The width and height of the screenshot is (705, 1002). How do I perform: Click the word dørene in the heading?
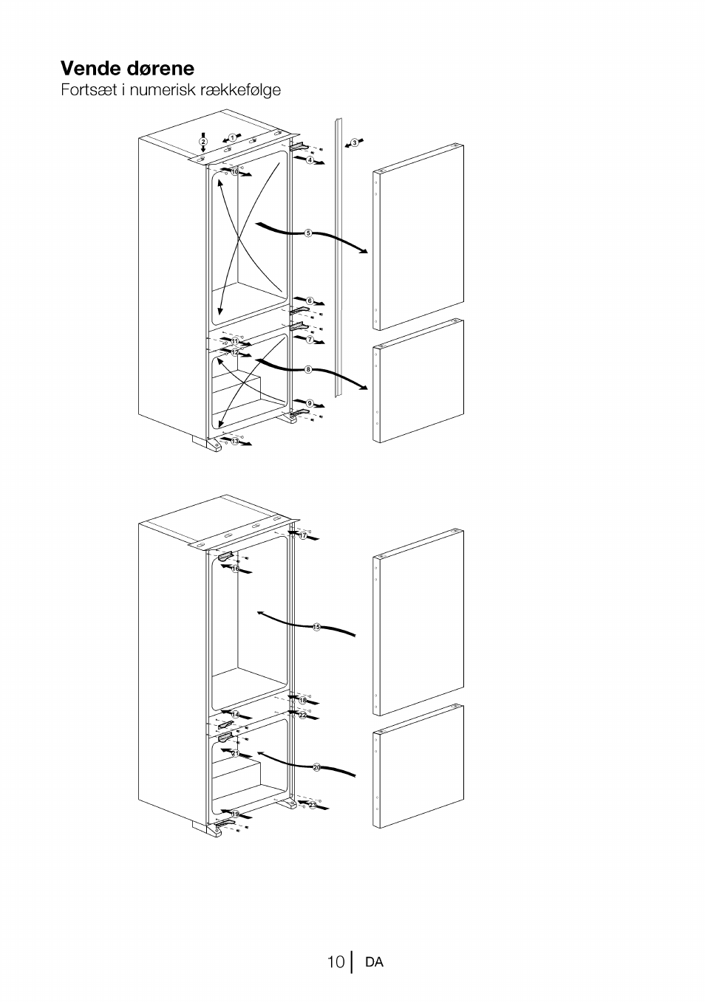tap(160, 69)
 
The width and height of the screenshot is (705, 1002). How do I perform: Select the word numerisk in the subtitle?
tap(156, 89)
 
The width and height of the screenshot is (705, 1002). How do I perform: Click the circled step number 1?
tap(232, 137)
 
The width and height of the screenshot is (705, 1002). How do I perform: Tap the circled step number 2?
tap(203, 142)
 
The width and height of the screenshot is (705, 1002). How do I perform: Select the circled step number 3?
tap(355, 143)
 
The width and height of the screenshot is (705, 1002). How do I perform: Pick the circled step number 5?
tap(308, 233)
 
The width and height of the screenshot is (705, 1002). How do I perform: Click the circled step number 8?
tap(308, 369)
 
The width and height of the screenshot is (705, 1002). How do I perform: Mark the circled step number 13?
tap(235, 442)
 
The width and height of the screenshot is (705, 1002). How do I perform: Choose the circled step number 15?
tap(316, 627)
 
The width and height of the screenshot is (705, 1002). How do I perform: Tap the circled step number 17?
tap(303, 535)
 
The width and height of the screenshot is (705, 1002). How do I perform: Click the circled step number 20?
tap(316, 768)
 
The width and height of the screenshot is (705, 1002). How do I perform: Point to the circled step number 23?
tap(313, 805)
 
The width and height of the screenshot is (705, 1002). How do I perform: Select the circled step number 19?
tap(235, 814)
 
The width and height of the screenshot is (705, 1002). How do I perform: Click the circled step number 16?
tap(236, 569)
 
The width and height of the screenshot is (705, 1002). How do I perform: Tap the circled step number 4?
tap(310, 159)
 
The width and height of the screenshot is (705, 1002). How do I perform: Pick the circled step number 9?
tap(310, 403)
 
